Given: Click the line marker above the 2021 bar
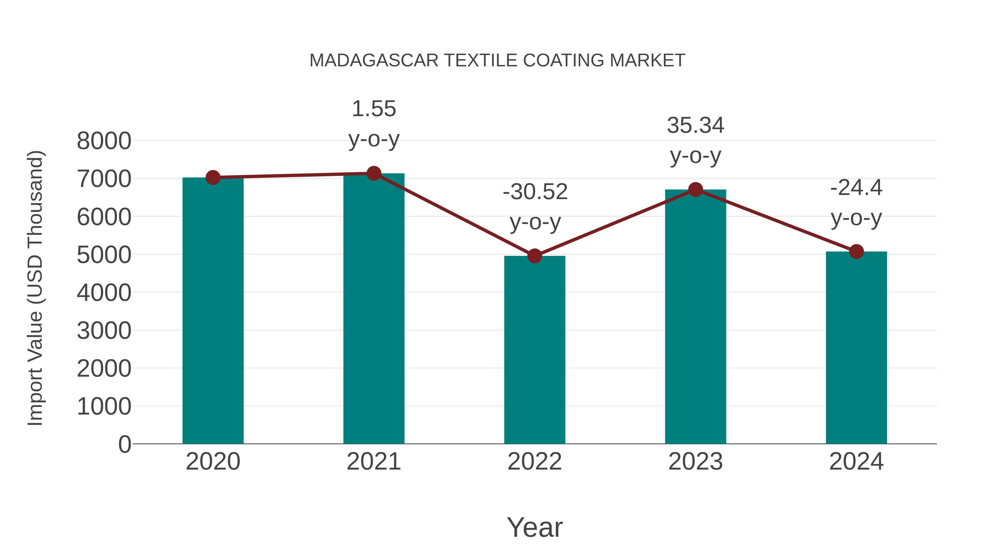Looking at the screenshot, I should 373,173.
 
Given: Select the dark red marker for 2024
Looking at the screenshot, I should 856,252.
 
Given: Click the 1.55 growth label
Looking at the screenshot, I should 373,109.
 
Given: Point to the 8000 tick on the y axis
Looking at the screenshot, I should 104,141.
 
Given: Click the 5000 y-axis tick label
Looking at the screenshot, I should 104,255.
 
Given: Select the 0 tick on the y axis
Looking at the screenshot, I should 124,444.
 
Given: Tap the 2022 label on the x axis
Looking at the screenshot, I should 535,462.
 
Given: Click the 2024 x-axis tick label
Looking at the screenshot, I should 856,462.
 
